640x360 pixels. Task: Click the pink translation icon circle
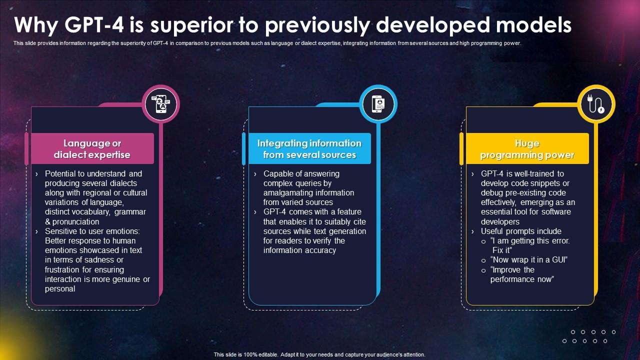point(160,104)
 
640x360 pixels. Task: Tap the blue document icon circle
point(378,104)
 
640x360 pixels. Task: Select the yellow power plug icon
point(596,104)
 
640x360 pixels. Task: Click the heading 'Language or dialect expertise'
point(92,149)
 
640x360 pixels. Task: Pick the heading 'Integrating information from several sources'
point(309,149)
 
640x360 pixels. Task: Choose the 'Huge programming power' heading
point(527,149)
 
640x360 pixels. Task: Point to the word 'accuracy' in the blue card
point(319,250)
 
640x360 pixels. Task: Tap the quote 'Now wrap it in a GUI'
point(529,259)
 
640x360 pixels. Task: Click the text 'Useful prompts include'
point(521,231)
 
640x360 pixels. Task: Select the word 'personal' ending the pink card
point(60,288)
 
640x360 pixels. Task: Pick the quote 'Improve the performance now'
point(521,274)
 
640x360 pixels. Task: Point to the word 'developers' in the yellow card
point(500,221)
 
